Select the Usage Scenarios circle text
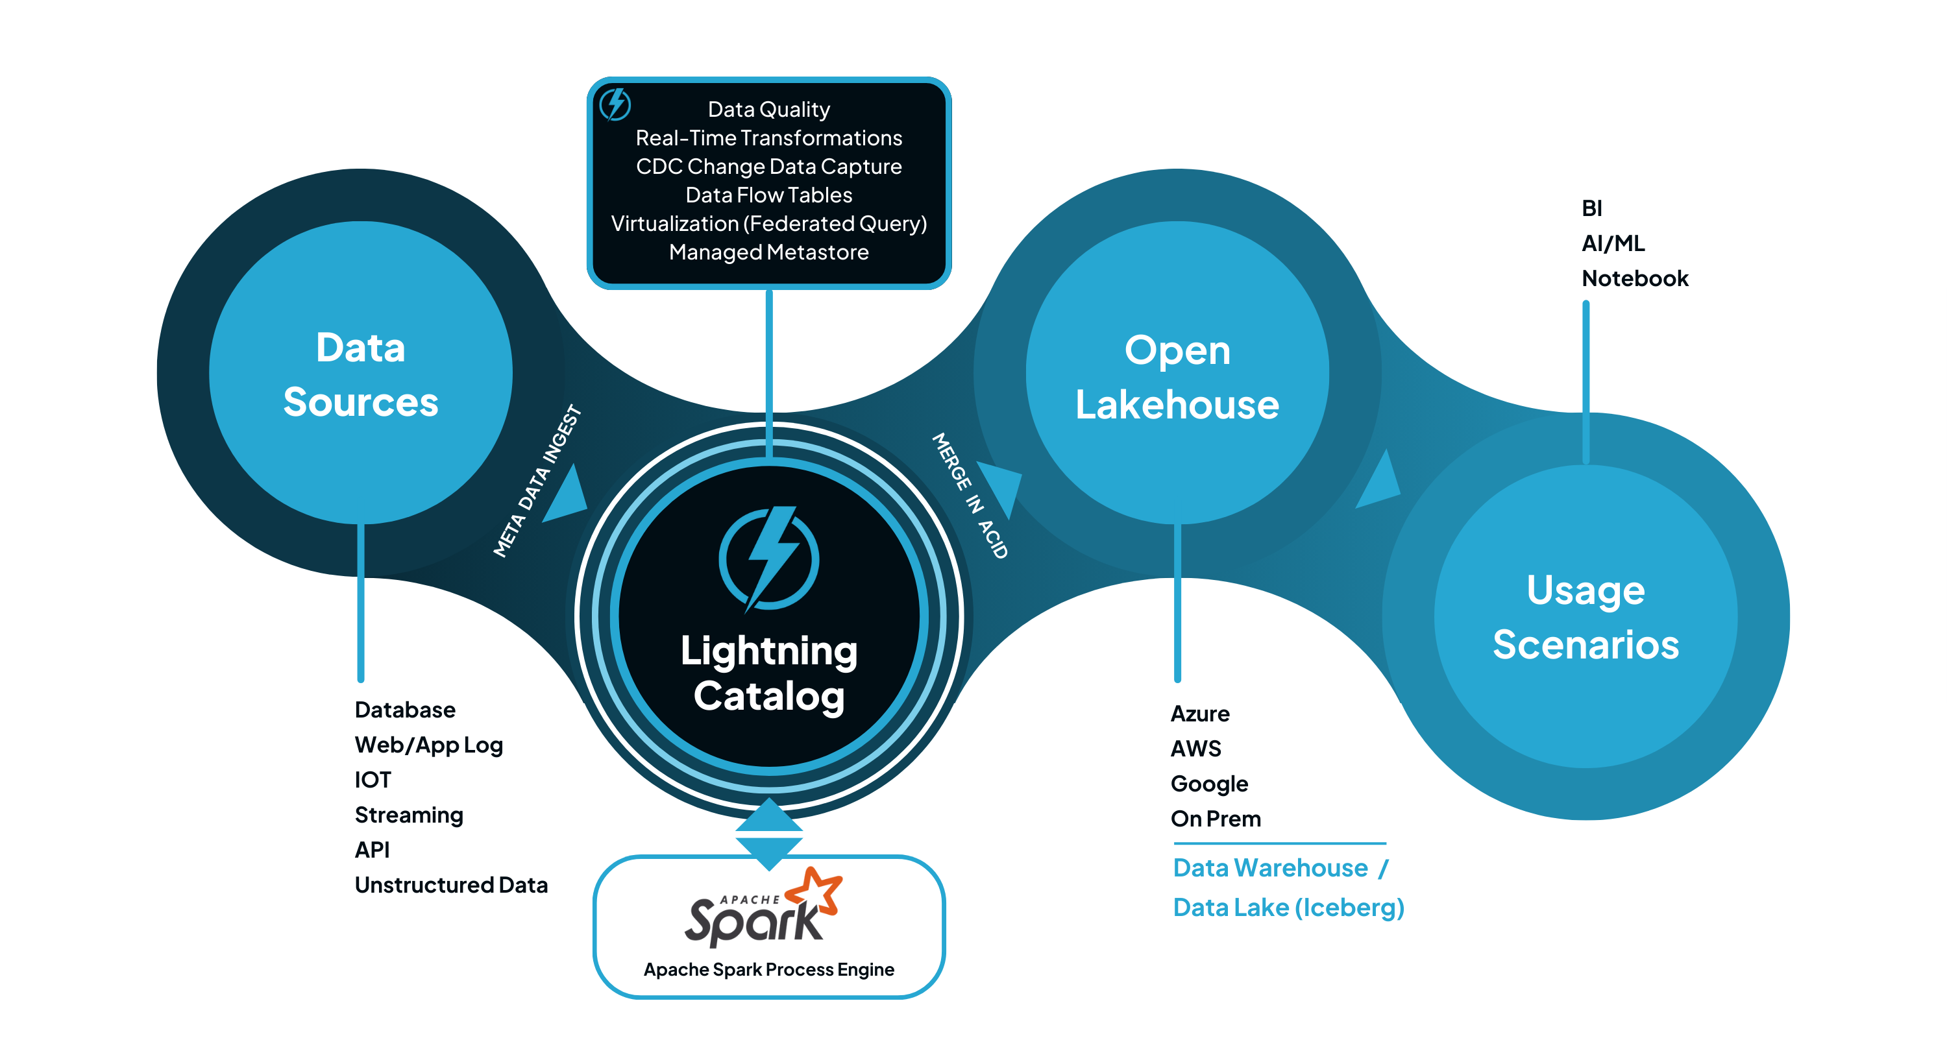1585,616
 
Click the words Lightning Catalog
768,672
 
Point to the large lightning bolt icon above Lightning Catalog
768,557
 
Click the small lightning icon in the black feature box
615,104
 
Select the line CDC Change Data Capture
768,166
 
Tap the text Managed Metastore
768,252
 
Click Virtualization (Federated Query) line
768,224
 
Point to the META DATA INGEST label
537,482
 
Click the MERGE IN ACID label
970,496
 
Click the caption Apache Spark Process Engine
768,969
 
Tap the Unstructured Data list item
451,885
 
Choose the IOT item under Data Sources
373,780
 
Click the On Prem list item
1216,819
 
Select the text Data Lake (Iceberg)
1288,908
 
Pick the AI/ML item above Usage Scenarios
1613,243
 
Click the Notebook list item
1634,279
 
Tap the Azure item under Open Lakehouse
1199,714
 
